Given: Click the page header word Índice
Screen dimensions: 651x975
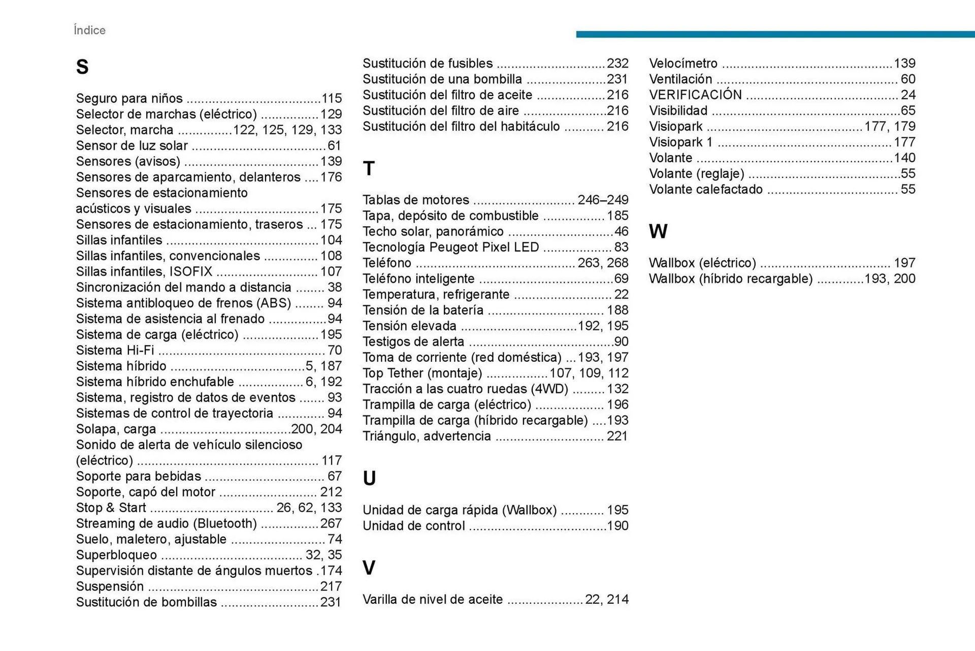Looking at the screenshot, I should (89, 30).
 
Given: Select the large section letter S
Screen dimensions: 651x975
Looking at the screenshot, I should (82, 67).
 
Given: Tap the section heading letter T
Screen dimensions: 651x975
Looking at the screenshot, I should (369, 169).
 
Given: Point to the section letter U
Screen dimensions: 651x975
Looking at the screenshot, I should (369, 479).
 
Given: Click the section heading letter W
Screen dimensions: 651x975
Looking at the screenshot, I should (658, 232).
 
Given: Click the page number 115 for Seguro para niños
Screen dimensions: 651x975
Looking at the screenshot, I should (332, 99).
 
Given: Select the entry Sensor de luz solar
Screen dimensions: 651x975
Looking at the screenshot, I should (132, 146).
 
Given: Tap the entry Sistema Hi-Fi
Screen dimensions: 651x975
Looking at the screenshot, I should (115, 351).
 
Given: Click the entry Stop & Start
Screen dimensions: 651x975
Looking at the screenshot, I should (111, 508).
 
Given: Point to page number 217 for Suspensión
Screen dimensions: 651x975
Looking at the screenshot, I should (331, 587).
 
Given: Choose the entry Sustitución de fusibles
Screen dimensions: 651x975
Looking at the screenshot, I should (428, 64).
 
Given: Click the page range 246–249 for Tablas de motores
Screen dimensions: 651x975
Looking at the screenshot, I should (603, 200).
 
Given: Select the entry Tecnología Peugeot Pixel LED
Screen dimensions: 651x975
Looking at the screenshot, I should (450, 247).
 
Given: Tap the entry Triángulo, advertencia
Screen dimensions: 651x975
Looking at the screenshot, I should (427, 437).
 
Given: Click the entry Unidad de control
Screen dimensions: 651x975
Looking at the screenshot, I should (414, 526).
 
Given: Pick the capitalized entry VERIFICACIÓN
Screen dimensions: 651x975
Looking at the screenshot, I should (695, 95).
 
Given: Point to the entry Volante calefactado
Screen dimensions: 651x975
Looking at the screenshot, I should (706, 190).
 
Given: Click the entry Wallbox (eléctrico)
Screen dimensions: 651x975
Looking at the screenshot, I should (702, 263).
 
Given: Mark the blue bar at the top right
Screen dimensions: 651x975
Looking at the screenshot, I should (775, 34).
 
